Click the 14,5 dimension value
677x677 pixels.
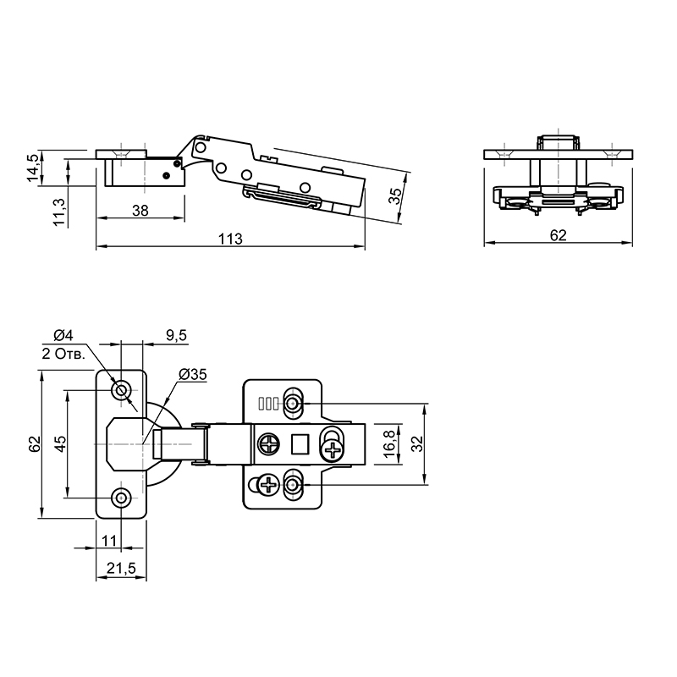click(x=33, y=168)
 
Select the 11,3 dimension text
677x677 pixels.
click(x=58, y=211)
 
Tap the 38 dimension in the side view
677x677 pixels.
click(x=140, y=211)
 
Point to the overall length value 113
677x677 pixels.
click(x=230, y=239)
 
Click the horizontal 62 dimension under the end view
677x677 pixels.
click(x=558, y=235)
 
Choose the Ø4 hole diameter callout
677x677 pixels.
click(x=63, y=334)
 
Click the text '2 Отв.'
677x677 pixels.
click(x=63, y=354)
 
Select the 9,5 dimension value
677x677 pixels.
click(x=176, y=334)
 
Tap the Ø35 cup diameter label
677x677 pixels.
click(x=193, y=374)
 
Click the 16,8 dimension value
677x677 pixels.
click(x=389, y=443)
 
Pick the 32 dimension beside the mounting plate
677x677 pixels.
click(x=416, y=443)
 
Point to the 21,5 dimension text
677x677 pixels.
click(x=121, y=568)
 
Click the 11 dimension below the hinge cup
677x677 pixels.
click(x=109, y=541)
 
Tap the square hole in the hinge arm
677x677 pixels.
click(x=300, y=444)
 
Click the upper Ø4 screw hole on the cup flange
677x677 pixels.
click(x=121, y=390)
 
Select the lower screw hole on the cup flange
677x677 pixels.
click(x=121, y=498)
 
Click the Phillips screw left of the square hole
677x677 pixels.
click(x=269, y=444)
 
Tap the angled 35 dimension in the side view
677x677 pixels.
click(x=395, y=196)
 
